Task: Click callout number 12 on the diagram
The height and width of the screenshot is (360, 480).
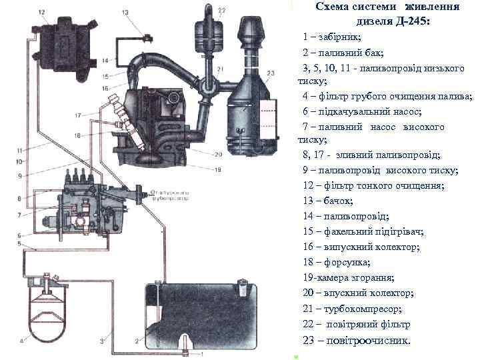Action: (x=41, y=13)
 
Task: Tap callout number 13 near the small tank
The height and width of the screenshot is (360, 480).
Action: (x=125, y=13)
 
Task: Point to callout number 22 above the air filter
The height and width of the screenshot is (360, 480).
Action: (x=221, y=10)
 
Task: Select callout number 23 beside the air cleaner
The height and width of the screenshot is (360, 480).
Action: (x=270, y=73)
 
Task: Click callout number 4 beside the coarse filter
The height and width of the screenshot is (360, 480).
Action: (x=22, y=341)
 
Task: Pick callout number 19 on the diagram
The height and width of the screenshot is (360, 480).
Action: (x=217, y=169)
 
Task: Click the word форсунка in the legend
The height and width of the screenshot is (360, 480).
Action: (x=347, y=262)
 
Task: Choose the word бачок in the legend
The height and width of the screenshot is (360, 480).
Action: (x=339, y=201)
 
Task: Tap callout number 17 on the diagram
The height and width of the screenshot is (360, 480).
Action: (x=78, y=115)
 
